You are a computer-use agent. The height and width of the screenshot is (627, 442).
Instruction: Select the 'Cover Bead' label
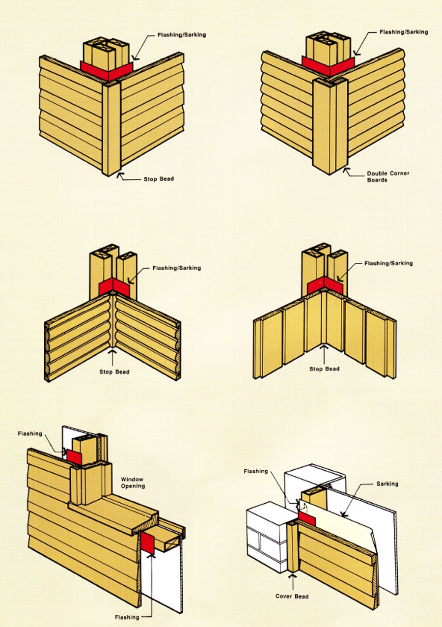pyautogui.click(x=293, y=597)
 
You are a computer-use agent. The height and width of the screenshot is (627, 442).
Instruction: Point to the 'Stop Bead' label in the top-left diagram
pyautogui.click(x=159, y=179)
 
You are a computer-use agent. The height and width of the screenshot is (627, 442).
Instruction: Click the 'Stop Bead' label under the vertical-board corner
pyautogui.click(x=325, y=369)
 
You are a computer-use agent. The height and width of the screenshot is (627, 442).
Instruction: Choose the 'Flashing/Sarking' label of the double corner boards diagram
pyautogui.click(x=404, y=32)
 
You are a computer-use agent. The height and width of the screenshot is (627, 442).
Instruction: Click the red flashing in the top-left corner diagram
pyautogui.click(x=106, y=68)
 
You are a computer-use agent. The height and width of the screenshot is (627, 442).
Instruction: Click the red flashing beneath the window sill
pyautogui.click(x=148, y=543)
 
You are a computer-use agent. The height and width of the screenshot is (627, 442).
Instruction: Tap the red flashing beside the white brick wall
pyautogui.click(x=306, y=517)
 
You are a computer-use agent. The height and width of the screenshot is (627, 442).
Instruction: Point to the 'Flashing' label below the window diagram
pyautogui.click(x=127, y=617)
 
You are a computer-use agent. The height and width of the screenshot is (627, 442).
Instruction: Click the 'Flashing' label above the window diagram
pyautogui.click(x=30, y=434)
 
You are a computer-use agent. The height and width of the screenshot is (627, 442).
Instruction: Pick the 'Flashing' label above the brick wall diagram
pyautogui.click(x=256, y=472)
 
